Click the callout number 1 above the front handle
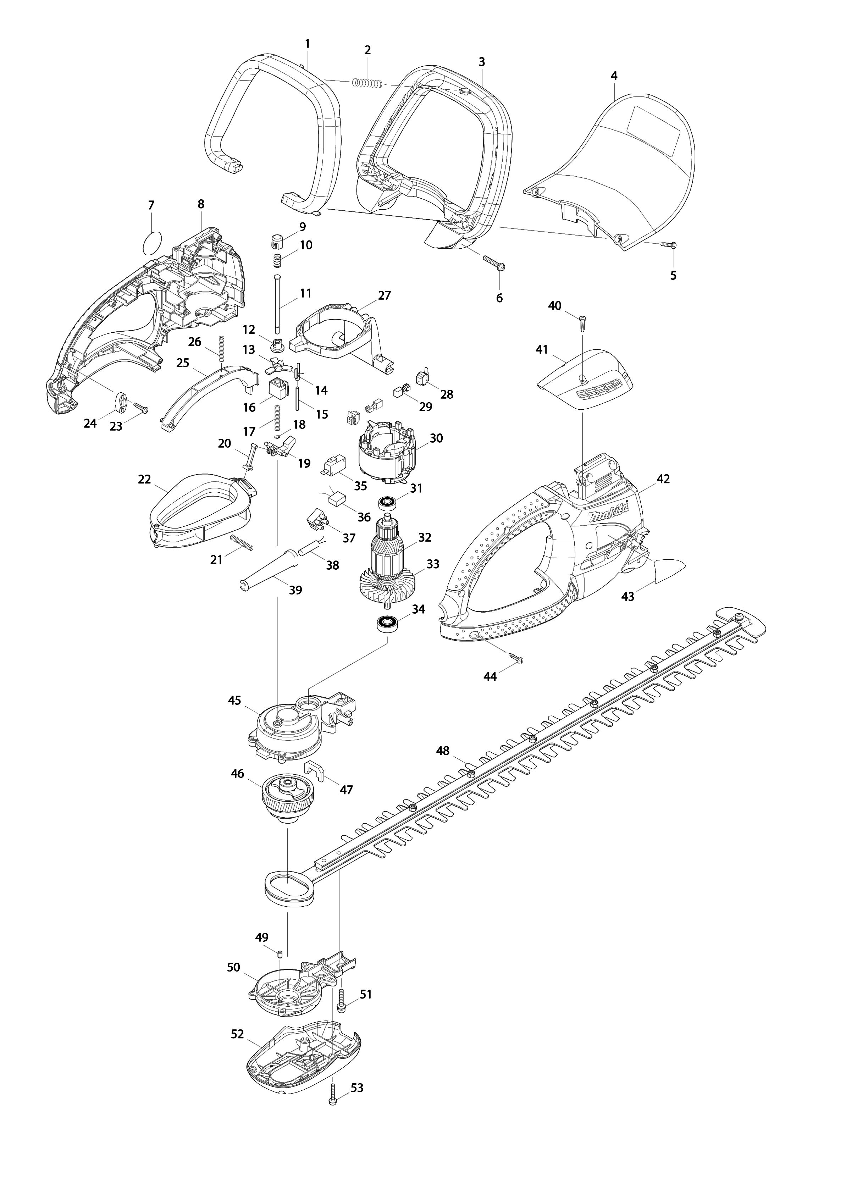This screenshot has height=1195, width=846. pos(307,44)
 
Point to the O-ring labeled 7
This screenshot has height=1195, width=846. pos(151,243)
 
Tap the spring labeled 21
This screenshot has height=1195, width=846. pos(242,542)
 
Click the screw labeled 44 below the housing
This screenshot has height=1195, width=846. pos(514,658)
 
